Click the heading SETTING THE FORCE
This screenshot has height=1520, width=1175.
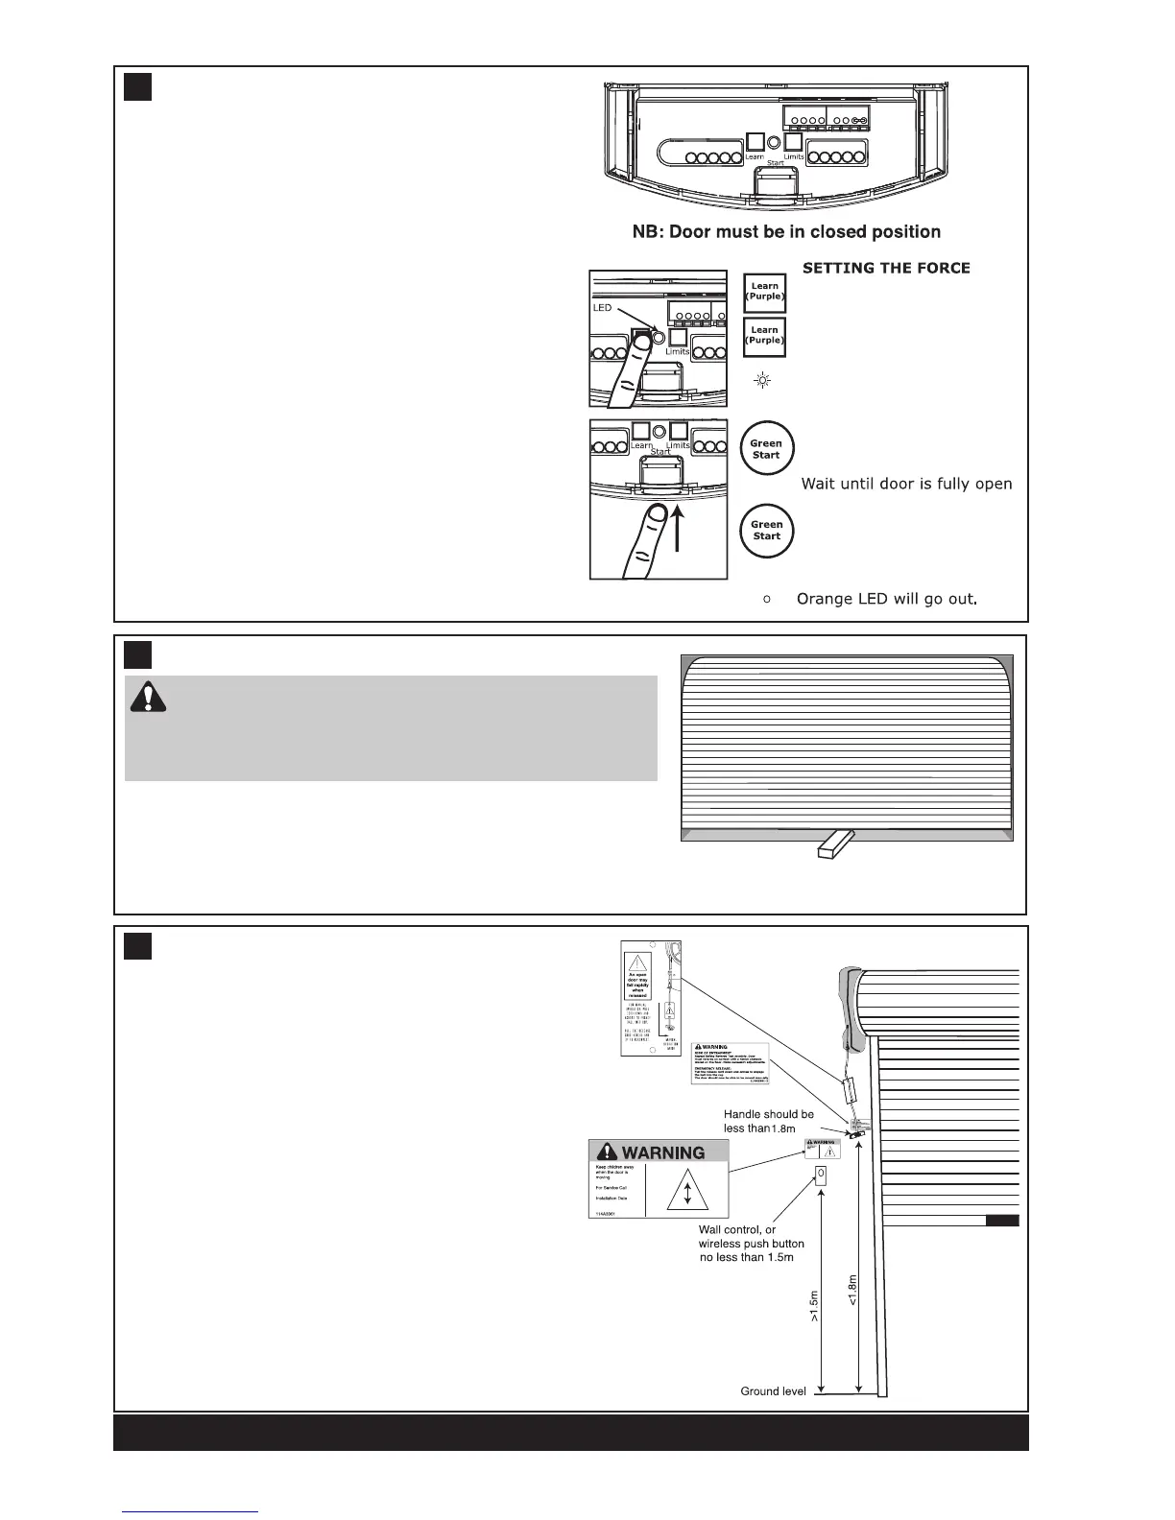pos(886,269)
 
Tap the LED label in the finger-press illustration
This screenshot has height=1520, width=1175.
pos(602,309)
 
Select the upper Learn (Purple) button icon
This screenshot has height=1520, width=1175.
pos(764,292)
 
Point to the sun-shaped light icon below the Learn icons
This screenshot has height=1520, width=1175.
pos(763,382)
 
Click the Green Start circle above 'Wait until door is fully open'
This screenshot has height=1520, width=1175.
pos(766,449)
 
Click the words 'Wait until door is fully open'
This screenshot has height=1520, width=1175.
pos(906,484)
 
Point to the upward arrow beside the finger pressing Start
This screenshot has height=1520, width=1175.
pos(679,532)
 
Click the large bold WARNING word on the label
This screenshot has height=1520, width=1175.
pos(663,1152)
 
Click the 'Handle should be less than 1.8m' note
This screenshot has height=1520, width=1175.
pos(768,1122)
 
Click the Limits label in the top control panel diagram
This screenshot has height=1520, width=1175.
pos(794,156)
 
